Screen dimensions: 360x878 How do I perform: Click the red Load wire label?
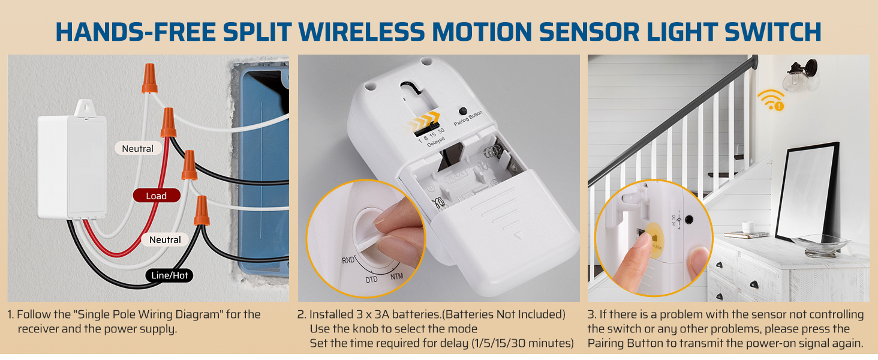(x=156, y=196)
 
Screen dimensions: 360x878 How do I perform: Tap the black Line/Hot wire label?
(x=170, y=275)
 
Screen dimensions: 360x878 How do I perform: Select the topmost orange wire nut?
(x=149, y=79)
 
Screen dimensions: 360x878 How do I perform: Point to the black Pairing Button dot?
(x=462, y=111)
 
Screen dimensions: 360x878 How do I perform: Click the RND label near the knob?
(x=348, y=260)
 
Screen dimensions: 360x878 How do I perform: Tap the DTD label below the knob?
(x=371, y=280)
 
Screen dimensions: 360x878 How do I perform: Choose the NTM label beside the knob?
(x=396, y=277)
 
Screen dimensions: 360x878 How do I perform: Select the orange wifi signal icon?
(x=770, y=99)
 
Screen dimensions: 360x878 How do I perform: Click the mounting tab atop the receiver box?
(x=83, y=107)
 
